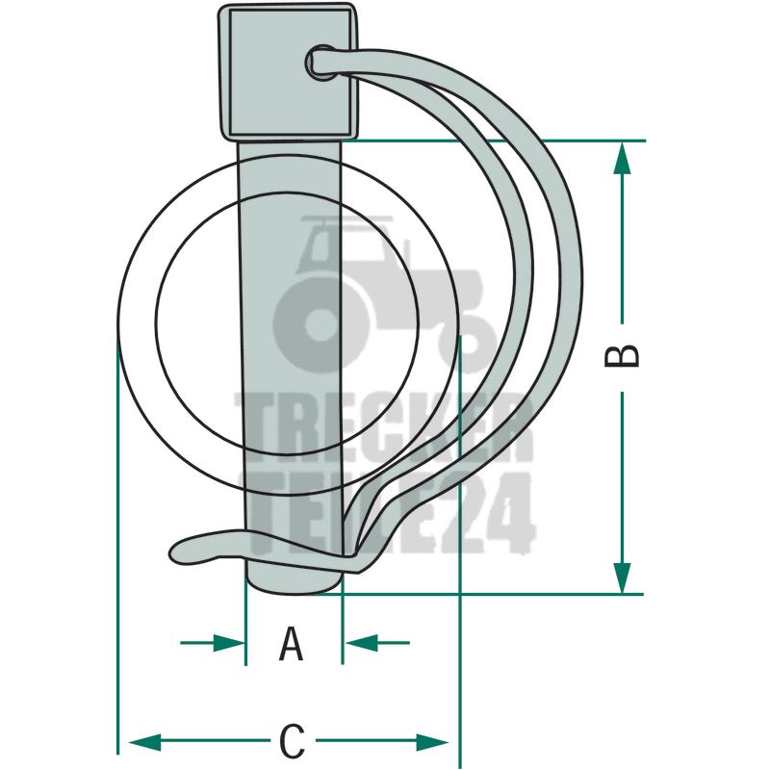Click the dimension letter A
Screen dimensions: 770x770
point(291,643)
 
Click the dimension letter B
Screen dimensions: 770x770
point(622,356)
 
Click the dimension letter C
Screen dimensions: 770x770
point(293,740)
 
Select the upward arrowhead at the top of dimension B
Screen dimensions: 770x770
point(622,158)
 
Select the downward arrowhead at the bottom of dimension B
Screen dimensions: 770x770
point(622,577)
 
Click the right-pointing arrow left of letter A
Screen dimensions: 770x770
point(213,642)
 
